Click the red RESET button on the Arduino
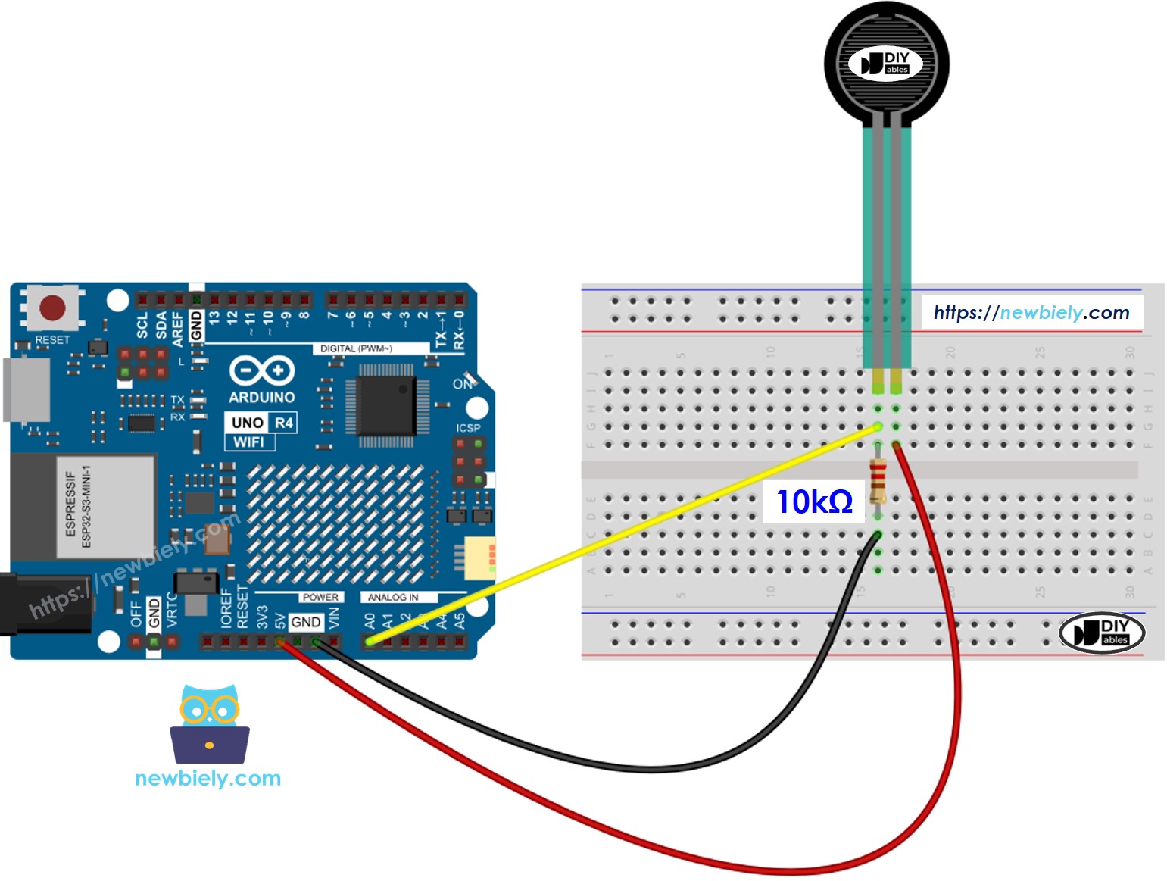[x=52, y=308]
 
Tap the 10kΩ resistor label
[x=814, y=501]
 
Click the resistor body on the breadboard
[x=878, y=480]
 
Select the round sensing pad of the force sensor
[x=886, y=62]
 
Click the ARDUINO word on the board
[x=262, y=397]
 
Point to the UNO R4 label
[x=261, y=423]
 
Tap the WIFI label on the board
[x=249, y=442]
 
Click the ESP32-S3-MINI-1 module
[x=83, y=506]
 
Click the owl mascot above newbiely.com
[x=209, y=724]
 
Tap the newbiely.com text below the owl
[x=208, y=778]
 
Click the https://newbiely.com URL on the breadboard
[x=1031, y=313]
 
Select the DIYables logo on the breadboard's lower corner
[x=1101, y=633]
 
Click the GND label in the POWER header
[x=305, y=622]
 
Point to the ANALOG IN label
[x=392, y=598]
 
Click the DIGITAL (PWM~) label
[x=356, y=348]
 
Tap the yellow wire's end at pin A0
[x=370, y=642]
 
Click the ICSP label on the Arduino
[x=468, y=428]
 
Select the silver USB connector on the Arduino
[x=27, y=389]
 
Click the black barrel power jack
[x=42, y=605]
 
